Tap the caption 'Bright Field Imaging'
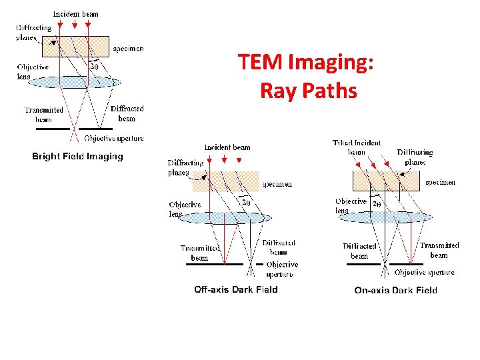(78, 157)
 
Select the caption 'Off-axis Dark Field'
(236, 289)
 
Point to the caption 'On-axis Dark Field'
(396, 290)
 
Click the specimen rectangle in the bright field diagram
(75, 47)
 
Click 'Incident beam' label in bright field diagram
(76, 14)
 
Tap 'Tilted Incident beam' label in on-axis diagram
(357, 147)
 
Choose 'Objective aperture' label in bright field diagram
(114, 139)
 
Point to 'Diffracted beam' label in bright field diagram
(127, 113)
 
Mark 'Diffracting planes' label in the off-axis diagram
(185, 167)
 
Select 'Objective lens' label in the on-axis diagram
(351, 205)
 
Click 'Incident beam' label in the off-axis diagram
(227, 147)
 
